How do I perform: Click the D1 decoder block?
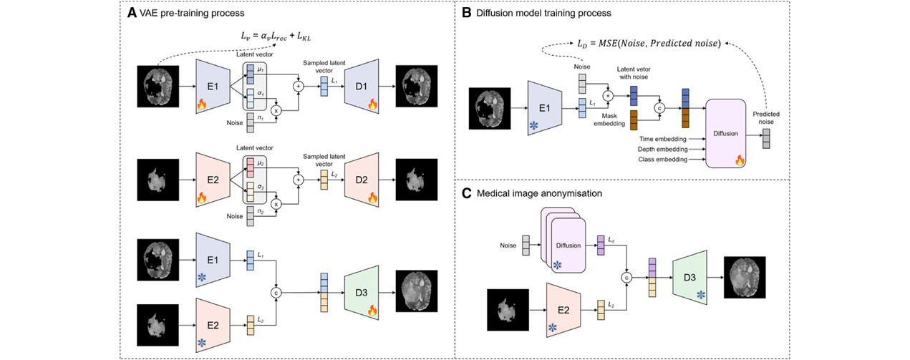pyautogui.click(x=362, y=86)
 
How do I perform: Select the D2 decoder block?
pyautogui.click(x=362, y=180)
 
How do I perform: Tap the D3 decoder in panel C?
pyautogui.click(x=689, y=278)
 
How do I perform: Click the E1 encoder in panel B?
pyautogui.click(x=545, y=108)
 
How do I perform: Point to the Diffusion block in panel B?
pyautogui.click(x=725, y=133)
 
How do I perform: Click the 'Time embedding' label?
pyautogui.click(x=662, y=139)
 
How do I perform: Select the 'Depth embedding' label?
pyautogui.click(x=662, y=149)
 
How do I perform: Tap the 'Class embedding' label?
pyautogui.click(x=662, y=160)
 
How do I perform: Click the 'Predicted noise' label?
pyautogui.click(x=766, y=118)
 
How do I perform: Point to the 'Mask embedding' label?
pyautogui.click(x=609, y=120)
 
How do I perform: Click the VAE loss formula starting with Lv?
pyautogui.click(x=276, y=37)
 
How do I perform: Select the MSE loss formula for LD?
pyautogui.click(x=649, y=44)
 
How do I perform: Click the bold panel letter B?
pyautogui.click(x=467, y=13)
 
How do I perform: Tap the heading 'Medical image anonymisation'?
pyautogui.click(x=539, y=193)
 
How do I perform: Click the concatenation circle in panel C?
pyautogui.click(x=626, y=278)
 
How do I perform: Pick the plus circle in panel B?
pyautogui.click(x=608, y=96)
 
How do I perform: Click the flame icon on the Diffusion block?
pyautogui.click(x=740, y=160)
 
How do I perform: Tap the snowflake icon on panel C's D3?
pyautogui.click(x=701, y=295)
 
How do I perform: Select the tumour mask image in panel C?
pyautogui.click(x=508, y=310)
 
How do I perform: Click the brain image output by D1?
pyautogui.click(x=417, y=86)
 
